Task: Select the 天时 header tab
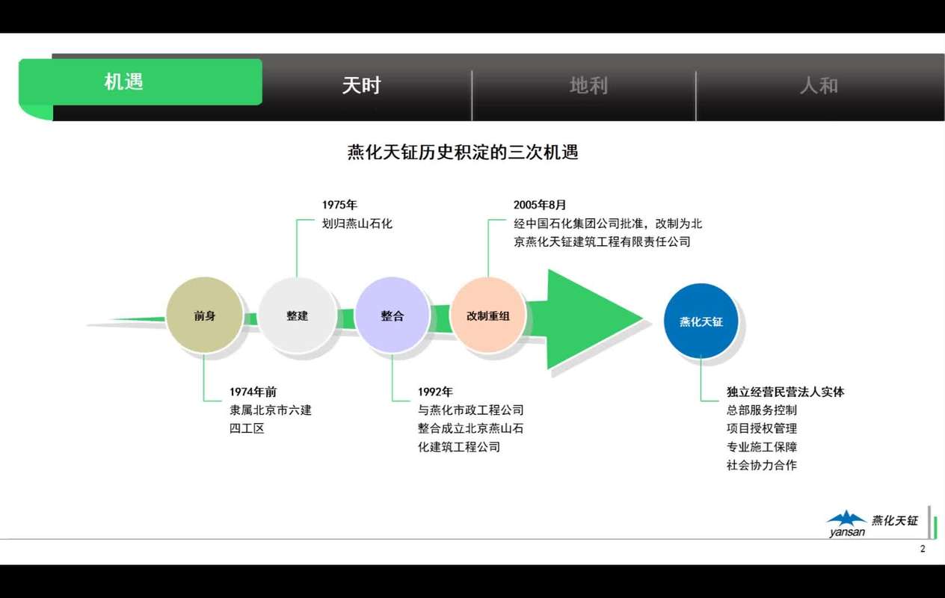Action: point(361,86)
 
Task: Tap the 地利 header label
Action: point(588,86)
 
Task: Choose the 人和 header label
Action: point(819,86)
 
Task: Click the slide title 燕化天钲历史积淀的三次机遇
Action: point(463,152)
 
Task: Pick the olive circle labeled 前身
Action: point(204,315)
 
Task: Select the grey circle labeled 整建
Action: point(297,315)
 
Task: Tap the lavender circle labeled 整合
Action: point(392,315)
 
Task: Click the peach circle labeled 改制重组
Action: point(488,315)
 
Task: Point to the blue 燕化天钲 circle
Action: point(701,321)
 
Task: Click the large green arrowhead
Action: point(591,319)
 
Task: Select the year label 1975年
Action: point(339,205)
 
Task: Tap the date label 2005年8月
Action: point(540,205)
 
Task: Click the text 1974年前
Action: point(253,392)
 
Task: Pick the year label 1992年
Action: point(435,392)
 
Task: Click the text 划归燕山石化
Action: point(357,224)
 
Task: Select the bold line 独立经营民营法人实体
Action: point(785,392)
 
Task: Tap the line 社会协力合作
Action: point(761,465)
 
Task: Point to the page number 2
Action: point(922,549)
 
